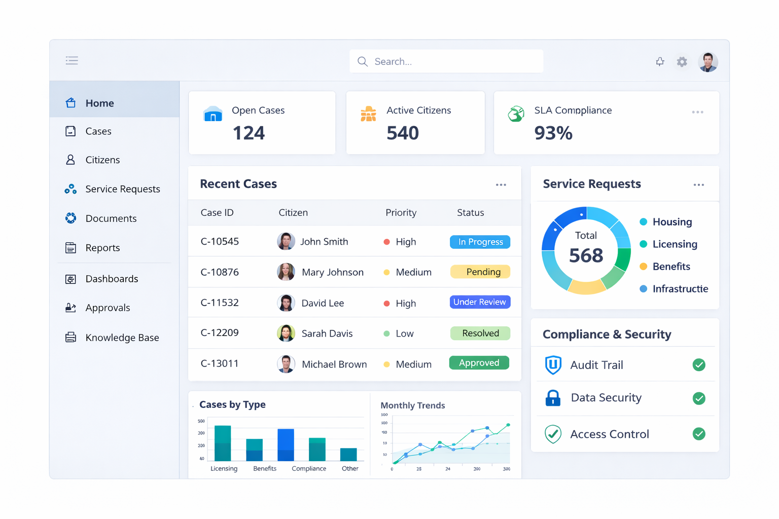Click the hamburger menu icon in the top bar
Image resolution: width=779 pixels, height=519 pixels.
click(x=72, y=61)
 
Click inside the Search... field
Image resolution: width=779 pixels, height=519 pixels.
click(x=446, y=61)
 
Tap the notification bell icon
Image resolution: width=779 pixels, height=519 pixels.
click(x=660, y=62)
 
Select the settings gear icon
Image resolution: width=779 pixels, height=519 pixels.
click(x=682, y=62)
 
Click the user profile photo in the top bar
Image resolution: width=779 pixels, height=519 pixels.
click(x=708, y=62)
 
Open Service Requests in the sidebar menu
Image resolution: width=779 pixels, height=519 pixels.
click(x=122, y=189)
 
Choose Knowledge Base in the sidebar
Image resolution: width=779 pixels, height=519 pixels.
click(x=122, y=338)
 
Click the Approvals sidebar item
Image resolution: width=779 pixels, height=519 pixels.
click(x=108, y=308)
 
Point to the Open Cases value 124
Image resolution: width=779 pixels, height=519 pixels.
click(x=249, y=133)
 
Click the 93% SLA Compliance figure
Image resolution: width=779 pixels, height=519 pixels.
click(x=553, y=133)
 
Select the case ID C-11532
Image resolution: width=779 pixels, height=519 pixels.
click(x=220, y=303)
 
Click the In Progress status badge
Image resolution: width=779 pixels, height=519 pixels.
click(x=480, y=242)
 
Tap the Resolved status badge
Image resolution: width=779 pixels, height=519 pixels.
click(x=480, y=333)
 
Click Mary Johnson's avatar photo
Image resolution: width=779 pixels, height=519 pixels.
click(x=286, y=272)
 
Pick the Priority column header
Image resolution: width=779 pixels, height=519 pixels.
click(x=401, y=213)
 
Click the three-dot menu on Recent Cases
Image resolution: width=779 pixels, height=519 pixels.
click(x=501, y=185)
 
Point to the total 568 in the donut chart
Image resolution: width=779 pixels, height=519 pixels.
click(x=586, y=255)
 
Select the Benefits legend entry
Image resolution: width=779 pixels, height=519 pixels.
click(x=671, y=267)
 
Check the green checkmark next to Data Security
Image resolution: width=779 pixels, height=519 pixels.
click(x=699, y=398)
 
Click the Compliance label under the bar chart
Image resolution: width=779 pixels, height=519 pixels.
click(x=309, y=468)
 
